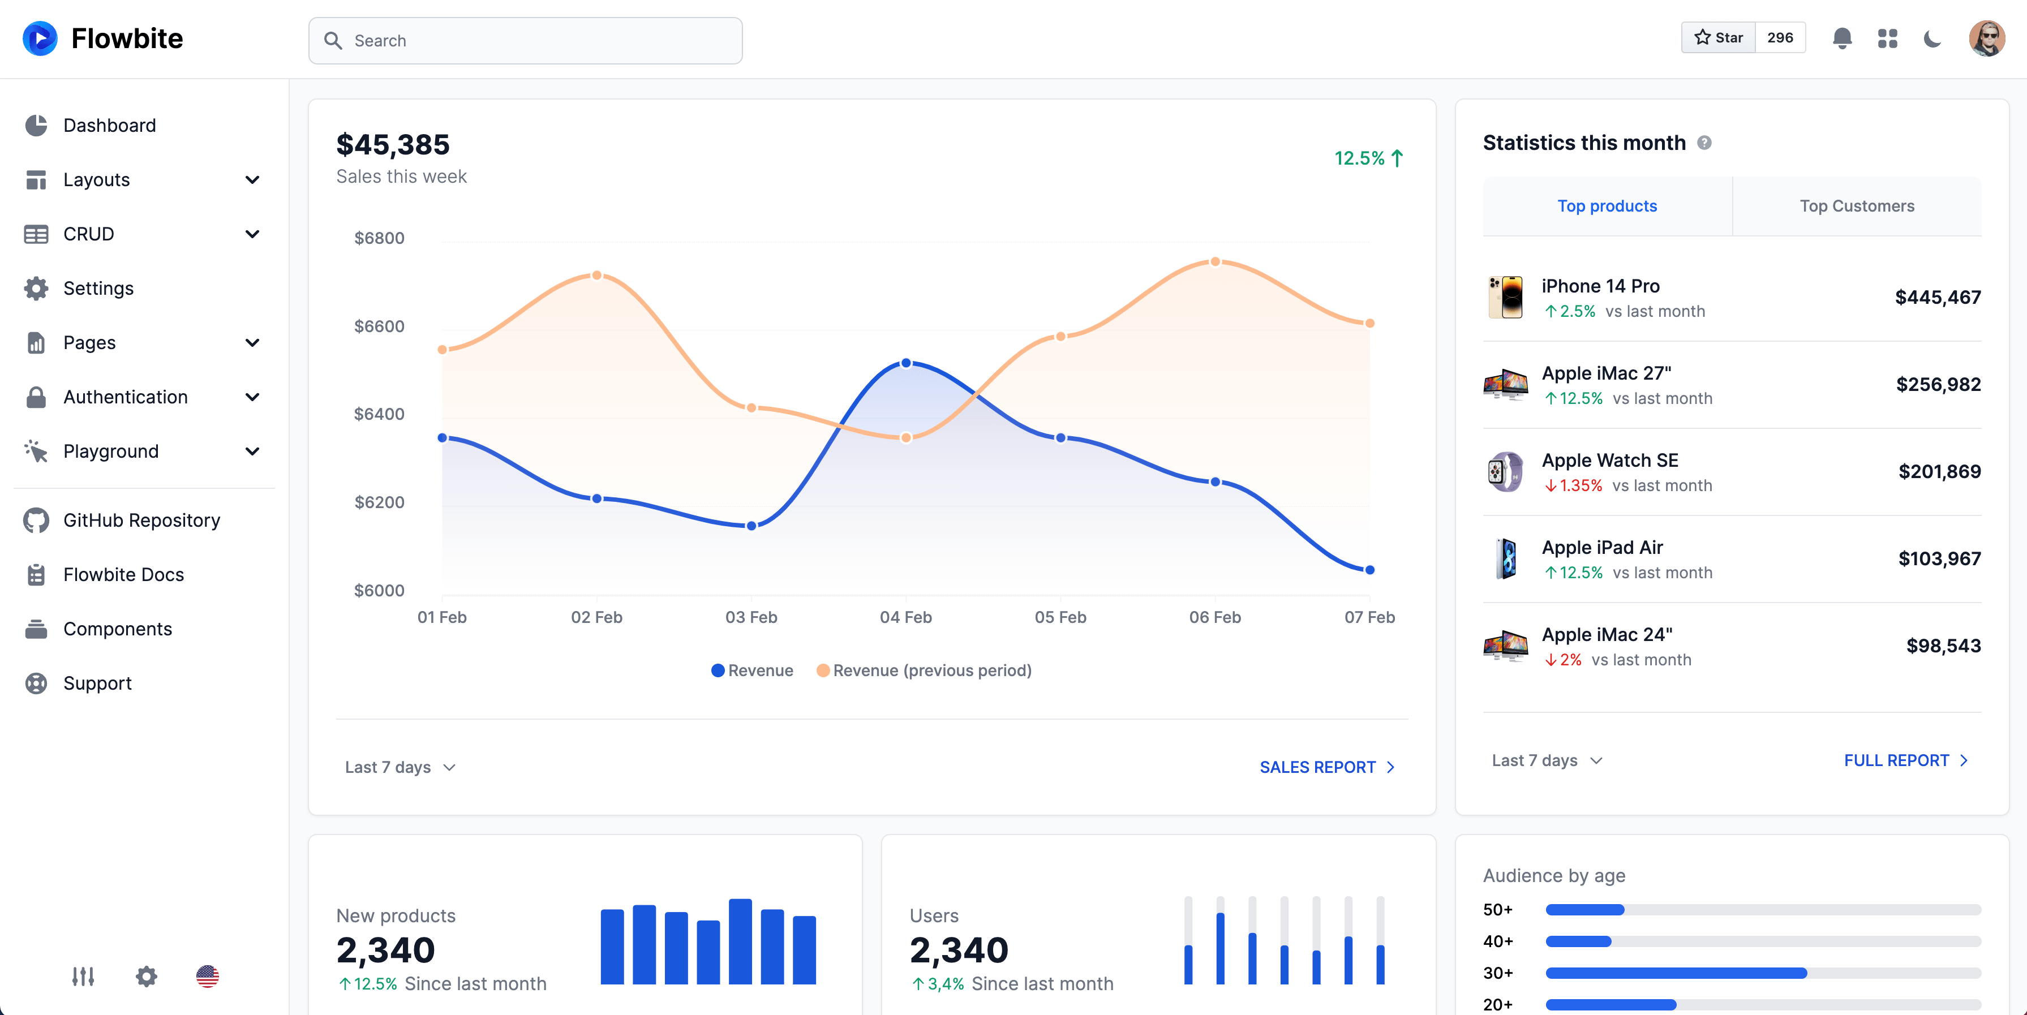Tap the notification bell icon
[x=1841, y=38]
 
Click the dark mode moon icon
[x=1932, y=38]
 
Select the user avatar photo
[x=1986, y=38]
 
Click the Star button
[x=1719, y=38]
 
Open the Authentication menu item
[x=126, y=397]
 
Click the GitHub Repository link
[x=141, y=520]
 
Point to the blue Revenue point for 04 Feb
[x=905, y=363]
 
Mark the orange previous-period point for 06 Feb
[x=1215, y=262]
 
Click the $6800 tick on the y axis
[x=379, y=238]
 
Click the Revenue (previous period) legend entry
[x=925, y=670]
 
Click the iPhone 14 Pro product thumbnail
[x=1505, y=298]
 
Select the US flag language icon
[x=207, y=977]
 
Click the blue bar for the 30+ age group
[x=1676, y=973]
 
